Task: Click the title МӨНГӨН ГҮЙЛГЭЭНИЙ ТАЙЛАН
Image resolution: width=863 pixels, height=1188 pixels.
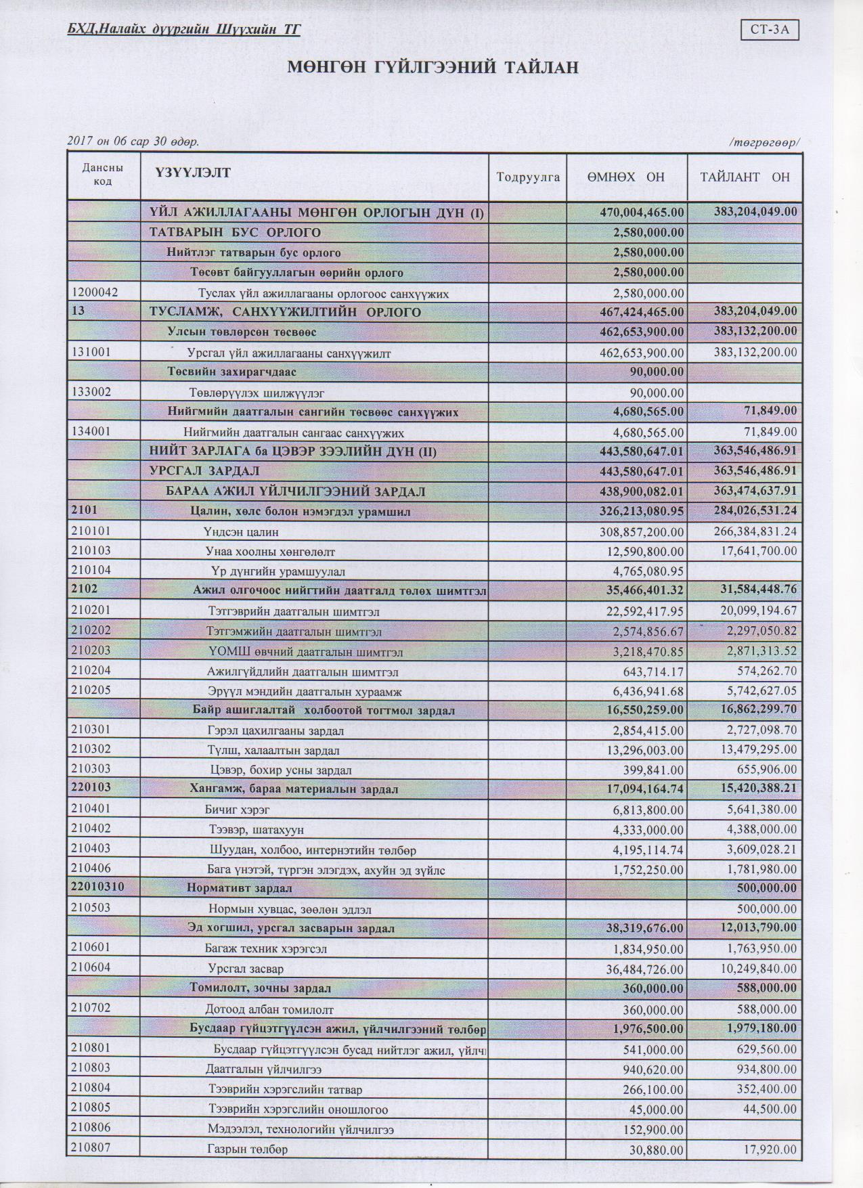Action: point(433,68)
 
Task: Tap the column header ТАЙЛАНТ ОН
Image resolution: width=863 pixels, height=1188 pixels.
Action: point(745,177)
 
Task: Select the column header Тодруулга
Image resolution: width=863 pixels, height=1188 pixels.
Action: point(528,177)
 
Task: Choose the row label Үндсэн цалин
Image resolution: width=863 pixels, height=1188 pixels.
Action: point(241,532)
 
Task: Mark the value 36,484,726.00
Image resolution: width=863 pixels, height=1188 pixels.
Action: point(645,969)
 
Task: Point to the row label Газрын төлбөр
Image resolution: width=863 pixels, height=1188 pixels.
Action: point(248,1150)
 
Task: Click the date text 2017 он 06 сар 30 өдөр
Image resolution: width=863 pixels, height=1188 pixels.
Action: point(133,141)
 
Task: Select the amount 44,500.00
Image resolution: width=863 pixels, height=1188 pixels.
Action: point(768,1109)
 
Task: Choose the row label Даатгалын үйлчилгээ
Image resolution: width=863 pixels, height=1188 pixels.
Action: point(264,1070)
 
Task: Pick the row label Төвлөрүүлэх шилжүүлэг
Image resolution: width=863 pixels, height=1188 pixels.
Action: point(261,393)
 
